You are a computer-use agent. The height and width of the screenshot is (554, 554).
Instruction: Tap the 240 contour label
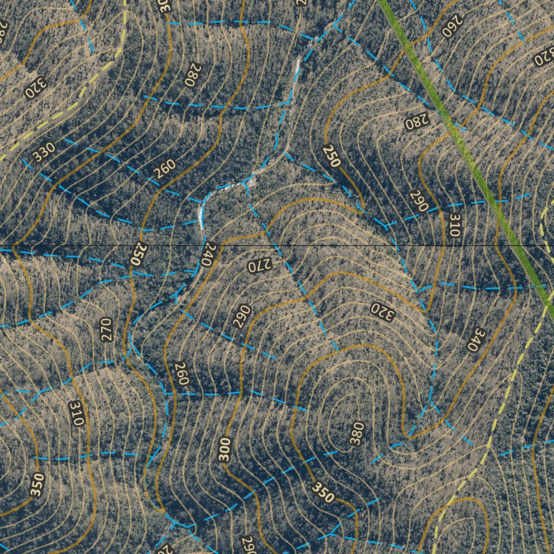click(x=206, y=254)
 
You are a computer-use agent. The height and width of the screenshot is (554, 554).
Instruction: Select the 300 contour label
click(x=226, y=449)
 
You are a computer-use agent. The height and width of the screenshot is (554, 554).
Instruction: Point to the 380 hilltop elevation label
click(x=355, y=433)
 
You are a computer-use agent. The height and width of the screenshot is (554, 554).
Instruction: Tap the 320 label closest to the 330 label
click(x=36, y=88)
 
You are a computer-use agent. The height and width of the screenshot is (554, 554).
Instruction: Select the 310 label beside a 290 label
click(x=454, y=225)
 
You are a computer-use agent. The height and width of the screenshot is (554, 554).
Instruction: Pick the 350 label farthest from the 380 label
click(x=36, y=484)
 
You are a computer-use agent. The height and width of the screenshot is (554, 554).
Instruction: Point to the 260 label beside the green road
click(x=453, y=26)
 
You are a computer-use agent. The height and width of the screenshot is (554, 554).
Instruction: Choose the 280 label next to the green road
click(x=417, y=122)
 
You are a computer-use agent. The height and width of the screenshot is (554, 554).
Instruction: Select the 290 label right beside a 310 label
click(x=419, y=201)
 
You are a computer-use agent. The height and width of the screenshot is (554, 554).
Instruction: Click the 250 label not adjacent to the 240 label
click(x=332, y=156)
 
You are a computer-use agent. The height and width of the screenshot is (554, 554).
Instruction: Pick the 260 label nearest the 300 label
click(x=181, y=374)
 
